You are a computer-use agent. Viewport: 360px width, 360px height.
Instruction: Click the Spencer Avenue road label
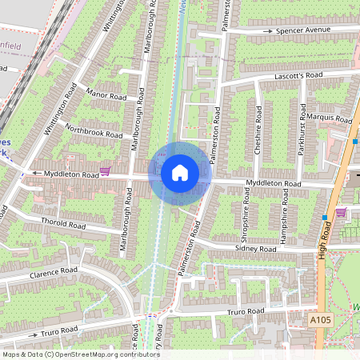coord(302,30)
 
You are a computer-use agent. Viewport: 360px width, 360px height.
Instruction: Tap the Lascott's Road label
coord(297,75)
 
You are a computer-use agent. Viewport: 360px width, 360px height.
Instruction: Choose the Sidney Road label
coord(255,250)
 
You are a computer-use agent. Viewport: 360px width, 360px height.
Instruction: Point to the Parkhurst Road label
coord(302,128)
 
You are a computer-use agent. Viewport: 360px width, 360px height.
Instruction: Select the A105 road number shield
coord(320,319)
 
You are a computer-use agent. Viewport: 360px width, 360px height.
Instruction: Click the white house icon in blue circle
coord(180,172)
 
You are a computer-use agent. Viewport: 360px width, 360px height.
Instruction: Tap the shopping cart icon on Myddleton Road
coord(105,171)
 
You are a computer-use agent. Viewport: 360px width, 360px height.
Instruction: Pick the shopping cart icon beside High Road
coord(341,212)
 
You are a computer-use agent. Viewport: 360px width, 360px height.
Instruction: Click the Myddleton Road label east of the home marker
coord(274,184)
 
